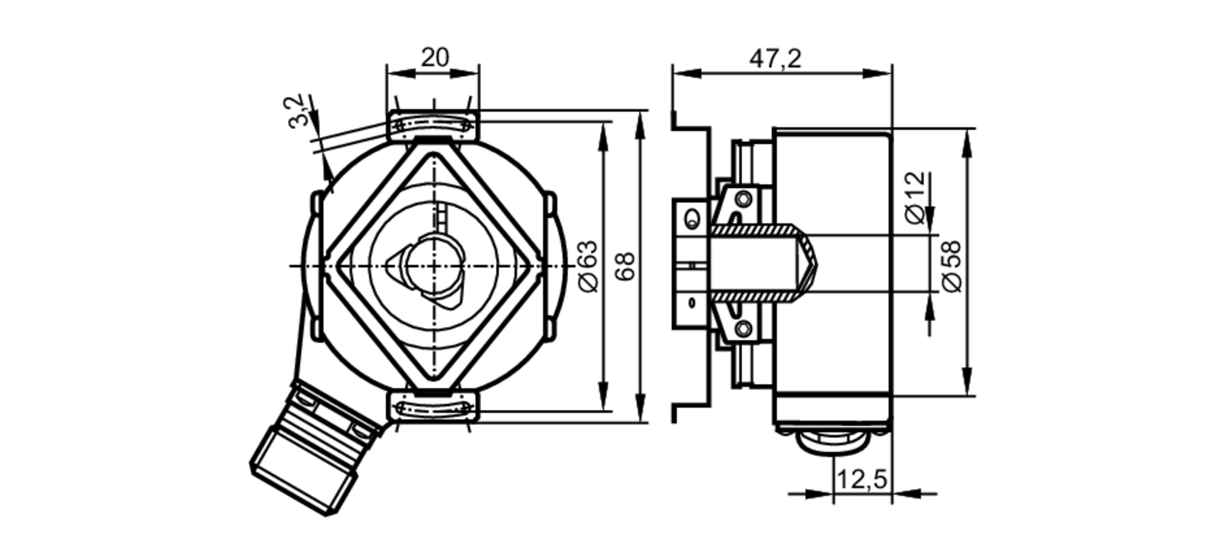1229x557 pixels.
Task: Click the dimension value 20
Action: pyautogui.click(x=434, y=58)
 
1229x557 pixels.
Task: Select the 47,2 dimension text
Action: pyautogui.click(x=775, y=60)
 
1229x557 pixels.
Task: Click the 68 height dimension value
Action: pyautogui.click(x=625, y=266)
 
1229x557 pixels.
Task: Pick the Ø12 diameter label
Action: pyautogui.click(x=915, y=197)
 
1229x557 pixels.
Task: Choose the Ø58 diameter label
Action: pyautogui.click(x=951, y=266)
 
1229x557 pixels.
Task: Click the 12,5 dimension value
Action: pyautogui.click(x=862, y=480)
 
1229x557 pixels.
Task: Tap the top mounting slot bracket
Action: pyautogui.click(x=433, y=125)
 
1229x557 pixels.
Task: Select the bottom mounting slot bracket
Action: pyautogui.click(x=433, y=407)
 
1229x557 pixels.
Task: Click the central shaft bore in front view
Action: pyautogui.click(x=432, y=265)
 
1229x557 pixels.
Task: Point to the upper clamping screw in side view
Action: pyautogui.click(x=744, y=199)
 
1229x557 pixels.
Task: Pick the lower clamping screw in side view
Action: pyautogui.click(x=744, y=329)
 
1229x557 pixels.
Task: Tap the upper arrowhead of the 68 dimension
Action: pyautogui.click(x=640, y=123)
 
